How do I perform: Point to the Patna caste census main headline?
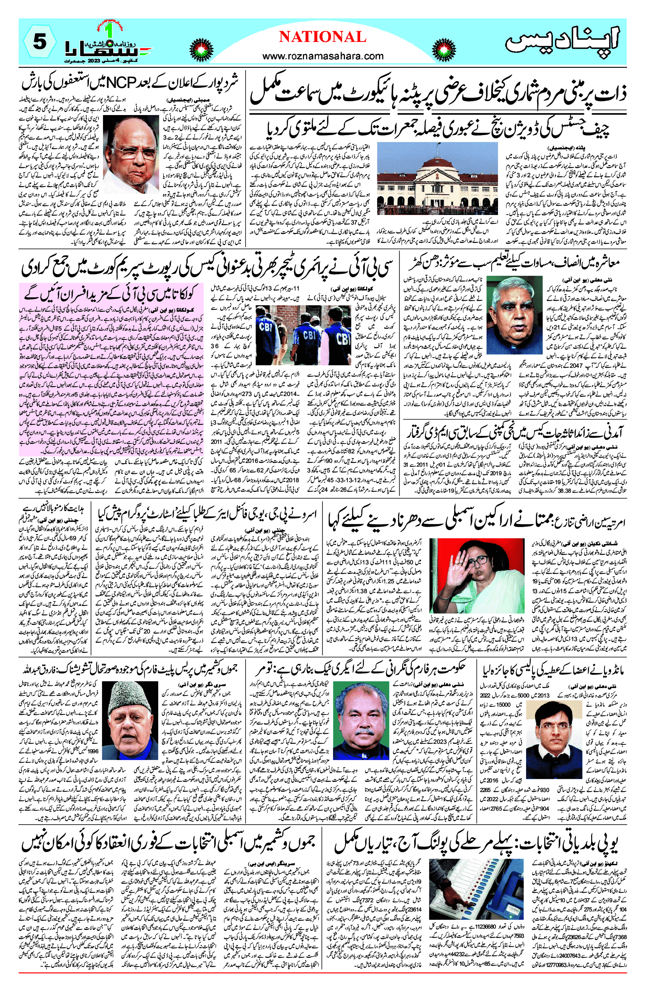point(438,94)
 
